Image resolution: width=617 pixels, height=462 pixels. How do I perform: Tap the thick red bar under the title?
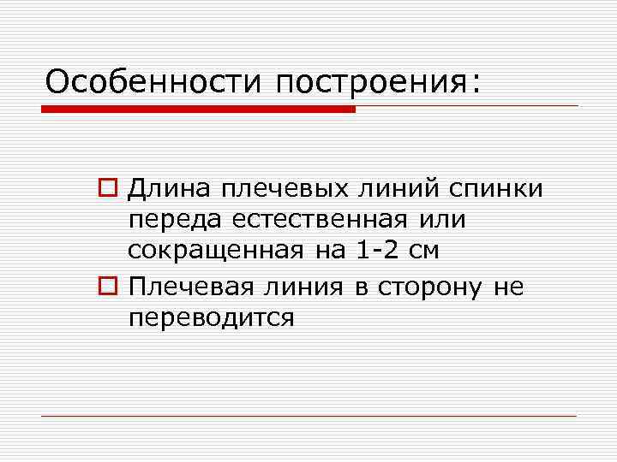click(x=198, y=110)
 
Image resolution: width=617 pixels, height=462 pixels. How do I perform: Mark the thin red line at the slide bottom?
click(x=308, y=417)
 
